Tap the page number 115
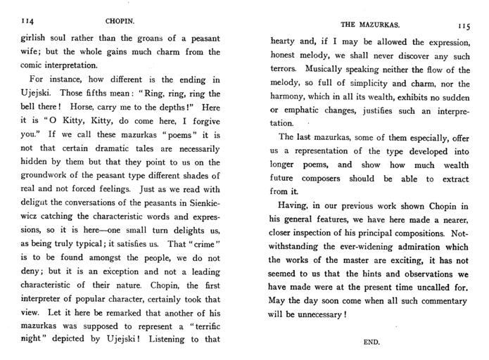coord(463,27)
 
